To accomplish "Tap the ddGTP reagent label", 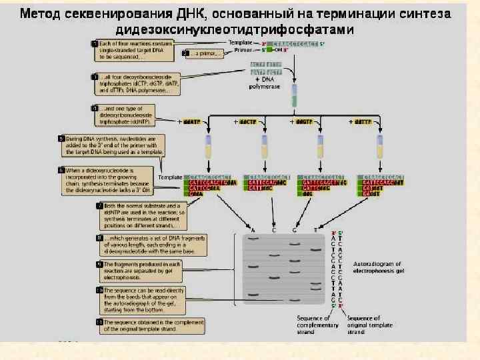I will point(303,122).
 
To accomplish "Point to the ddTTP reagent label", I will point(362,122).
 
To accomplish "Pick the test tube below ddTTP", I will point(380,148).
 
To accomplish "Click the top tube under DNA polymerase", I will point(294,101).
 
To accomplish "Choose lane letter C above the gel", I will point(273,231).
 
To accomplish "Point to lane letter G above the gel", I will point(294,231).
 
